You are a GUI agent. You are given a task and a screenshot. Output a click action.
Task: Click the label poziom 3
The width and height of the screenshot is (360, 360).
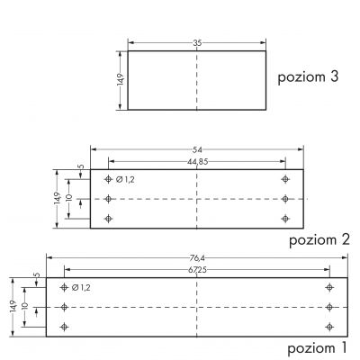tap(308, 77)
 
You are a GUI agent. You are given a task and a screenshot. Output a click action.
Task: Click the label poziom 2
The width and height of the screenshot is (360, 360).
tap(319, 240)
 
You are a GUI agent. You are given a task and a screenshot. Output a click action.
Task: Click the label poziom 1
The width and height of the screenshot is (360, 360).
tap(317, 349)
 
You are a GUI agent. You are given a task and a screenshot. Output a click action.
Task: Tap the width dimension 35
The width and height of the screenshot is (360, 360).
tap(197, 43)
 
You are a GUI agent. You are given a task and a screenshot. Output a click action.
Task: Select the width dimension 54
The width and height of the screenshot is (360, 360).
tap(197, 149)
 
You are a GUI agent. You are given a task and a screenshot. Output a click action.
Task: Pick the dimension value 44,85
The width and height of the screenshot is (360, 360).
tap(197, 162)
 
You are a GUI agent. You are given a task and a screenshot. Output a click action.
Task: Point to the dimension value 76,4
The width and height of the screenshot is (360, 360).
tap(197, 257)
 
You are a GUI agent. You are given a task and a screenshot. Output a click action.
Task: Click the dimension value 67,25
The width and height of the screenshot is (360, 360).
tap(197, 270)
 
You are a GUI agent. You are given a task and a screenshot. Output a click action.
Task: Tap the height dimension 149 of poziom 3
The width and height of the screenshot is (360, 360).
tap(121, 79)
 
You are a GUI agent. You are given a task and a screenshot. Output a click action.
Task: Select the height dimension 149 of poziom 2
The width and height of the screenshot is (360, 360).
tap(58, 199)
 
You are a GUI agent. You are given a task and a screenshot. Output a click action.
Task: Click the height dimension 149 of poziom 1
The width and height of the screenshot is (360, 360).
tap(13, 307)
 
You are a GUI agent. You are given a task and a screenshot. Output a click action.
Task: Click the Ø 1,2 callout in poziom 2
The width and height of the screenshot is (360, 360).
tap(125, 180)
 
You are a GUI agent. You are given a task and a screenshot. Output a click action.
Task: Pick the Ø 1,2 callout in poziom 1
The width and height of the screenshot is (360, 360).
tap(81, 288)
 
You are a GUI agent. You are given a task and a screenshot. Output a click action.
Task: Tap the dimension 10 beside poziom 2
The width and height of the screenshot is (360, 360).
tap(69, 197)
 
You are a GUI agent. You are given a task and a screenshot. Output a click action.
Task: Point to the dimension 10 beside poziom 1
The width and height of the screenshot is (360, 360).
tap(25, 306)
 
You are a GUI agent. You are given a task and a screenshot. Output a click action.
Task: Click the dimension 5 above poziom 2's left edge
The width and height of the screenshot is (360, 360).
tap(81, 166)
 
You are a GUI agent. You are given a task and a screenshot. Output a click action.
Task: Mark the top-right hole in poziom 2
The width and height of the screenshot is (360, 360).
tap(285, 179)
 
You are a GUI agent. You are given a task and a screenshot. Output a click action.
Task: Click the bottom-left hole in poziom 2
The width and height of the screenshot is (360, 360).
tap(108, 219)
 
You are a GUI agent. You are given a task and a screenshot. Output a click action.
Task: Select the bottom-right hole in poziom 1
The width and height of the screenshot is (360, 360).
tap(329, 327)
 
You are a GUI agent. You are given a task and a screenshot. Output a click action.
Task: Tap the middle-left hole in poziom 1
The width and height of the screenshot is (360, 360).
tap(64, 307)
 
